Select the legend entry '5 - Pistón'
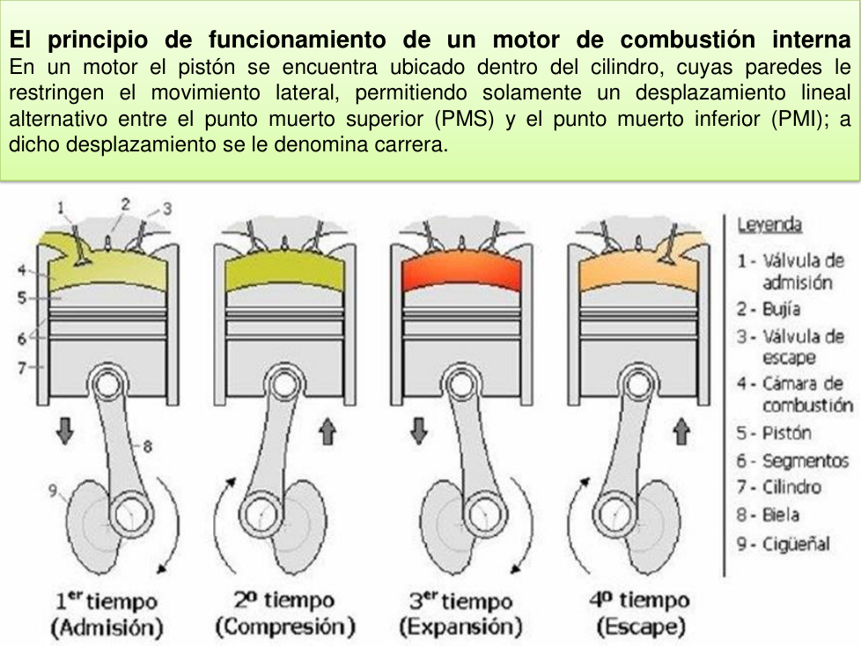774,433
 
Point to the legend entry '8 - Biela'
769,515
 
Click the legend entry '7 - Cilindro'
778,487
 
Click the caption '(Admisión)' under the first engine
107,628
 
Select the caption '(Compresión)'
284,628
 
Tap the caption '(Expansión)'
460,628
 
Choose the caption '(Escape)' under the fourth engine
640,628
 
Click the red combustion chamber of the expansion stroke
459,274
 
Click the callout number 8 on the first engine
147,446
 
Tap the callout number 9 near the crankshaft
53,489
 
